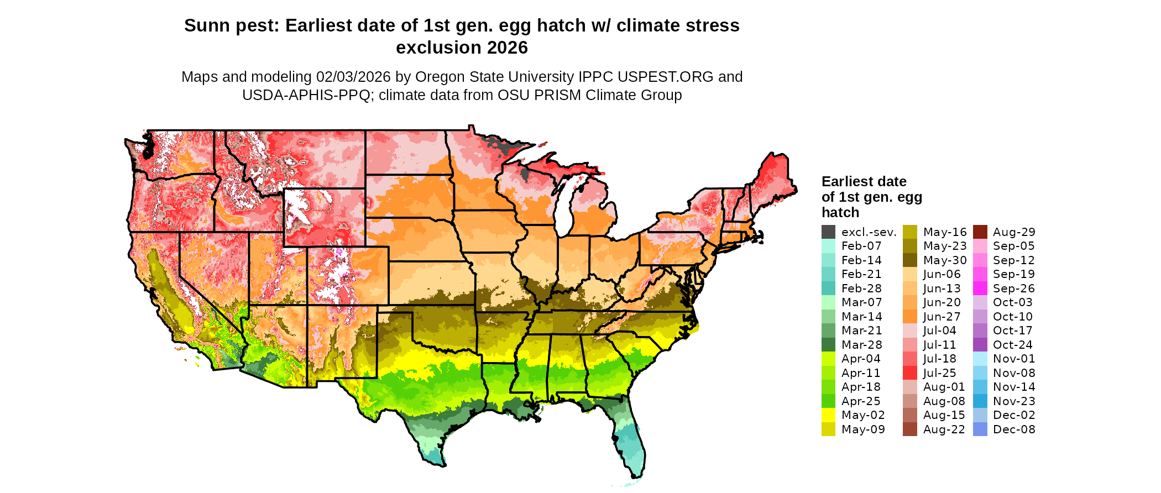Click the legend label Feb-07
tap(861, 246)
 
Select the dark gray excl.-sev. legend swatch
tap(828, 232)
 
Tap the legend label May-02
tap(863, 415)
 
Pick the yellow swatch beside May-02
tap(828, 415)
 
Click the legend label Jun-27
tap(942, 317)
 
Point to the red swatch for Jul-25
tap(910, 373)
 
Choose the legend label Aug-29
tap(1014, 232)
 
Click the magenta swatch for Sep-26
tap(980, 289)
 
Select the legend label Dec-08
tap(1014, 429)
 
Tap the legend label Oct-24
tap(1013, 345)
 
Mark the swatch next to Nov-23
tap(980, 401)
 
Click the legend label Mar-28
tap(861, 345)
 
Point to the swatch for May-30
tap(910, 260)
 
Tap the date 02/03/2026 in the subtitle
tap(353, 77)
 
